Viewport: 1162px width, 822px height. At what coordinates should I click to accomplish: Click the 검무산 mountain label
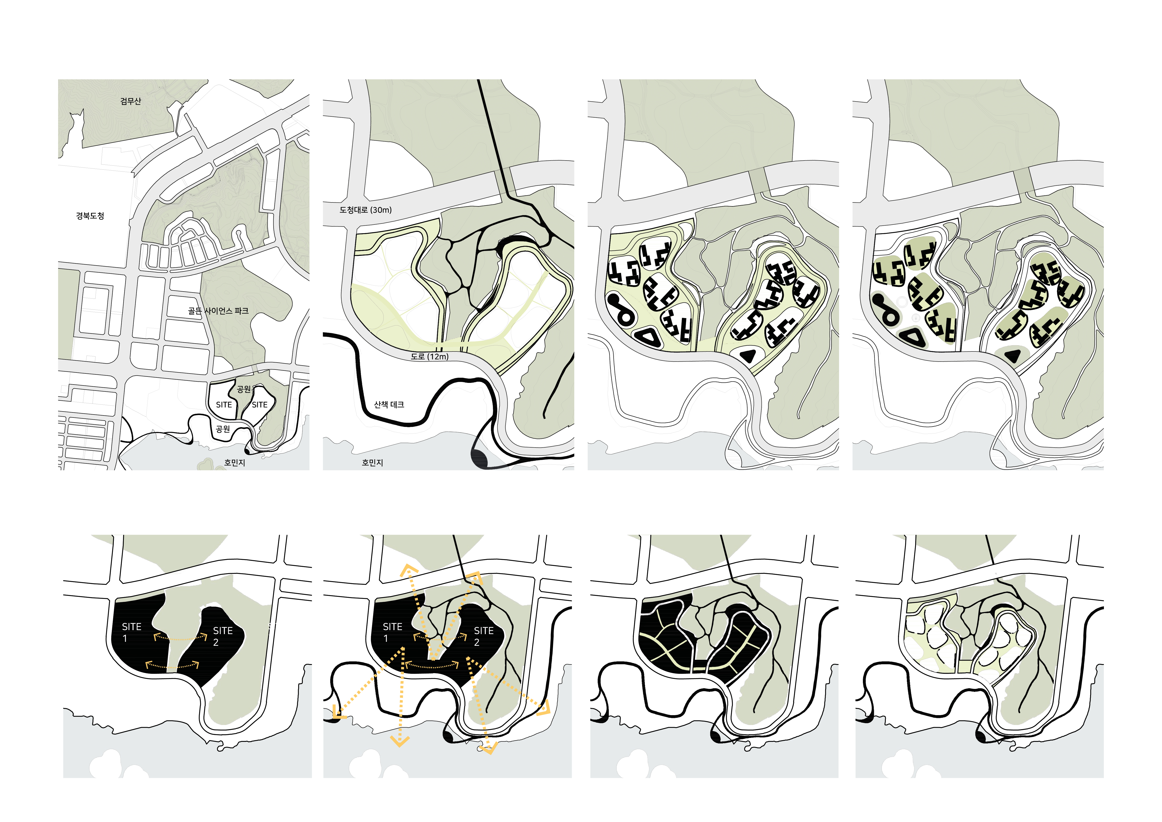point(130,101)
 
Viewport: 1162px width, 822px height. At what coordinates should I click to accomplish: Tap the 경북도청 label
point(90,216)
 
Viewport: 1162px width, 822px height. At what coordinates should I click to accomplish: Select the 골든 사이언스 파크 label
point(218,311)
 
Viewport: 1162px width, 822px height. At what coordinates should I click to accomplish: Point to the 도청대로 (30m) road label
point(365,209)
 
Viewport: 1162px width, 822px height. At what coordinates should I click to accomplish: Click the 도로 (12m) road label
point(430,356)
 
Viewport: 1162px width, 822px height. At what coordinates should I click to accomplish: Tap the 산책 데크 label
point(389,404)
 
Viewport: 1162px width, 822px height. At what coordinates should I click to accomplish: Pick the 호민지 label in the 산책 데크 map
point(372,463)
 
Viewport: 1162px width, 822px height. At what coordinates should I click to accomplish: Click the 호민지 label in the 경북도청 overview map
point(235,463)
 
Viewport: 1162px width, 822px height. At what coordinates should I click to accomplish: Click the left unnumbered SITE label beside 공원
point(224,404)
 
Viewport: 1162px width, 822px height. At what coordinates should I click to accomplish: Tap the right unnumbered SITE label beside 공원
point(260,404)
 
